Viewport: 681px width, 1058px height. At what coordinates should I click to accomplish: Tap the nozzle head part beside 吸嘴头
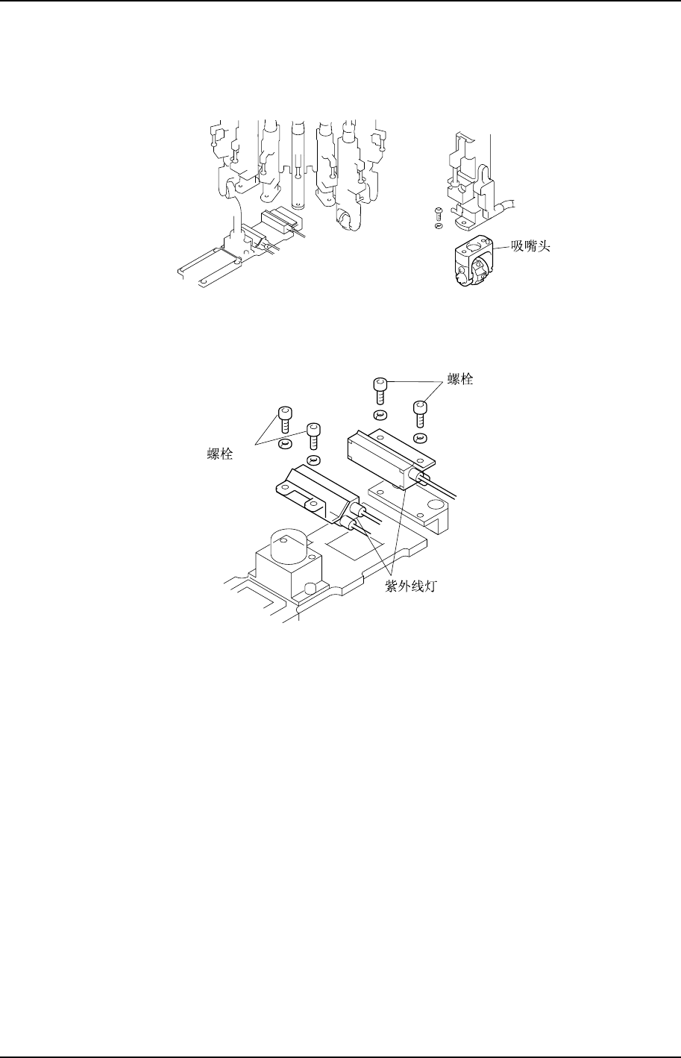pyautogui.click(x=470, y=262)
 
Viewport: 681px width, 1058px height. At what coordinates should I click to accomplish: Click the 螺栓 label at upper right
pyautogui.click(x=459, y=379)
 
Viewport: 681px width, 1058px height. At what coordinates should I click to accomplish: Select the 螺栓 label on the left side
pyautogui.click(x=219, y=454)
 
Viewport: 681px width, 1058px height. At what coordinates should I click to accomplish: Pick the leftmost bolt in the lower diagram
pyautogui.click(x=284, y=419)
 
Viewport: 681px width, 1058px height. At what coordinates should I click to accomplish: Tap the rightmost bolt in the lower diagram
pyautogui.click(x=420, y=413)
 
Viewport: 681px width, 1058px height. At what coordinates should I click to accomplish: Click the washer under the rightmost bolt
pyautogui.click(x=420, y=437)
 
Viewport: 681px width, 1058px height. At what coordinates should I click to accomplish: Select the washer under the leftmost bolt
pyautogui.click(x=284, y=445)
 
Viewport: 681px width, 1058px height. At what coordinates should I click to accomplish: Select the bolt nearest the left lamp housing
pyautogui.click(x=313, y=436)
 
